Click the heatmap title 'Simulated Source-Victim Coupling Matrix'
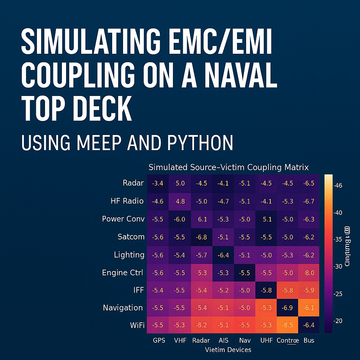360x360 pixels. tap(229, 167)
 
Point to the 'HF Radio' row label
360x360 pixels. tap(127, 201)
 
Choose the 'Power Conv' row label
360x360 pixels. tap(123, 219)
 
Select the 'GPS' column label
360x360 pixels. tap(159, 340)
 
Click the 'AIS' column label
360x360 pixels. tap(223, 340)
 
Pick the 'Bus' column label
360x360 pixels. tap(309, 340)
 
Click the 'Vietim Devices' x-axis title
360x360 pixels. tap(228, 349)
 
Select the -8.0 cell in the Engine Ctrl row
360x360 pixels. tap(309, 272)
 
